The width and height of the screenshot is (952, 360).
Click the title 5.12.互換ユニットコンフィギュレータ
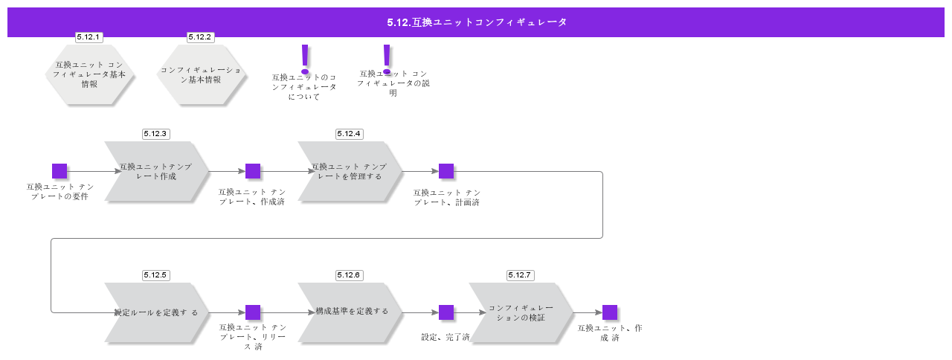coord(476,22)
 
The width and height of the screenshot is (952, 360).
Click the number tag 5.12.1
coord(89,36)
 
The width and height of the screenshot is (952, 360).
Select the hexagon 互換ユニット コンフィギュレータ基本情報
coord(89,74)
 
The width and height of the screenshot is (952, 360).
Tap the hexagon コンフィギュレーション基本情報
coord(201,74)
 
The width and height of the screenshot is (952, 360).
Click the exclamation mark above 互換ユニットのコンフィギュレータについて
coord(304,57)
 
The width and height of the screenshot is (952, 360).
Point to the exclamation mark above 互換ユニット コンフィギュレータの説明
coord(386,57)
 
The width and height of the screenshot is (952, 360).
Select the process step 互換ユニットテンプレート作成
coord(156,172)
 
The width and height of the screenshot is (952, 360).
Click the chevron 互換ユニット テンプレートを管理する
coord(350,172)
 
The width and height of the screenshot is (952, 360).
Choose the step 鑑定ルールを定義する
coord(156,312)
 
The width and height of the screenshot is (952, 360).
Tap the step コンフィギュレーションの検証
coord(521,312)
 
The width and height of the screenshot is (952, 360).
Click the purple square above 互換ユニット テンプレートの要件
coord(59,171)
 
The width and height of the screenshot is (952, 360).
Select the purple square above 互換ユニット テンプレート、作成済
coord(253,171)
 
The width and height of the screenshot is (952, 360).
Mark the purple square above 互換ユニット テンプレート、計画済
coord(446,171)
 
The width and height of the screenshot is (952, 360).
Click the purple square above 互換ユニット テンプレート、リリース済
coord(253,312)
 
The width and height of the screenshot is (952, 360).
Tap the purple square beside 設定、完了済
coord(446,312)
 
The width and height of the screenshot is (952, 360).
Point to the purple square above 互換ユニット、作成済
coord(610,312)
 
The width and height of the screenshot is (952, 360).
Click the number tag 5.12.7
coord(520,275)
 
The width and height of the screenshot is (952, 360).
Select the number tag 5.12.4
coord(349,134)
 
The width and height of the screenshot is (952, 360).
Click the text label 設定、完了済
coord(446,338)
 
